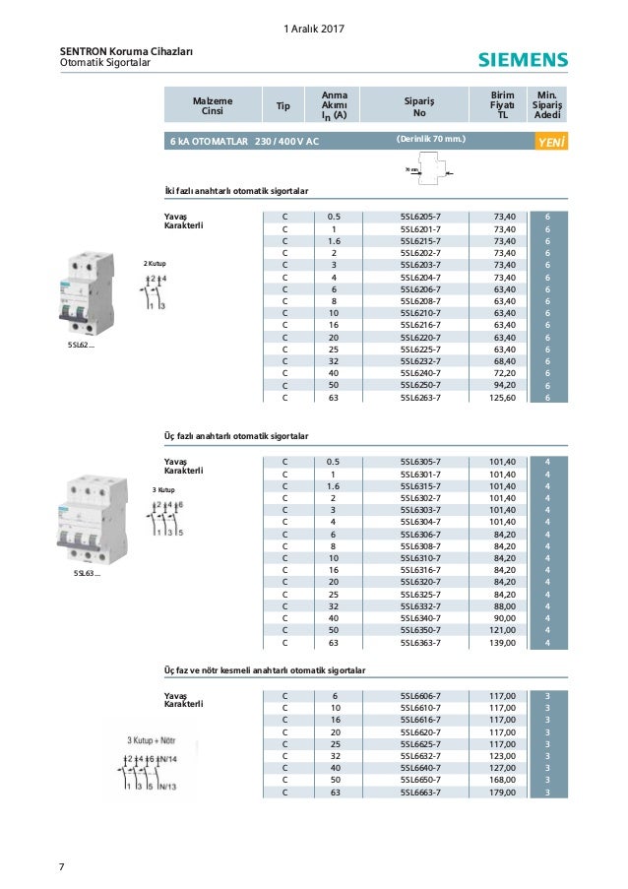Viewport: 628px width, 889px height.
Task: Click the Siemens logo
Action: click(x=523, y=61)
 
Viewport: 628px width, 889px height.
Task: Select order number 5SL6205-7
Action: click(x=420, y=215)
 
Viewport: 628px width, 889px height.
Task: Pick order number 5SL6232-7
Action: click(x=420, y=362)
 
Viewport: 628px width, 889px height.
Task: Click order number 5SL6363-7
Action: click(x=420, y=645)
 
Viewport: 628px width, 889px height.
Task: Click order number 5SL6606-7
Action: click(x=420, y=696)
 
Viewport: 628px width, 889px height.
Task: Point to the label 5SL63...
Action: click(x=86, y=571)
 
